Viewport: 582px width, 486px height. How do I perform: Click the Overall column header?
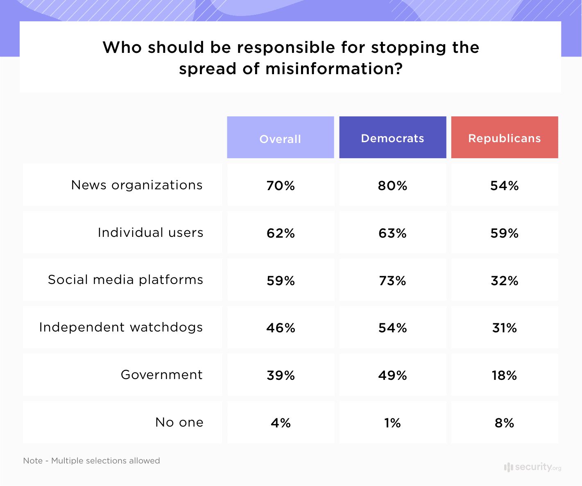281,139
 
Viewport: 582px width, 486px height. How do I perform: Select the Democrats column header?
392,138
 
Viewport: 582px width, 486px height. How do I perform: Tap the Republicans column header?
504,138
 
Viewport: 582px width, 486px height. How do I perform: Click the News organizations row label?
137,185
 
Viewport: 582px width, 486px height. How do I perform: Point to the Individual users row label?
150,232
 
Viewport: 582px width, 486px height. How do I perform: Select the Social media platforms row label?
125,279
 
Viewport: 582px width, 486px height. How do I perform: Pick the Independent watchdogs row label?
121,327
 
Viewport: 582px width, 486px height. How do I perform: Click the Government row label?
161,375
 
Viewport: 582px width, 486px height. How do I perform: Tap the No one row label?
179,422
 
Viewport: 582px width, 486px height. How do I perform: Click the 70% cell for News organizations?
281,186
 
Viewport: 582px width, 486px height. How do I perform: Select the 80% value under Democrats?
392,186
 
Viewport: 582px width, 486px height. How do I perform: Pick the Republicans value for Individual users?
504,233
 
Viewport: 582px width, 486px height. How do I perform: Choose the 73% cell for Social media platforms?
392,281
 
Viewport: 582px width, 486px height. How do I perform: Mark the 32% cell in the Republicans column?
504,281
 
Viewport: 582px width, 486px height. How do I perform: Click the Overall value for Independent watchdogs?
281,328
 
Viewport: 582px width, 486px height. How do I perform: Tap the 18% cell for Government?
504,375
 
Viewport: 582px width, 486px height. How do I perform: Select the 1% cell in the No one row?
392,423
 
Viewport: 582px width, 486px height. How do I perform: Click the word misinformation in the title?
334,68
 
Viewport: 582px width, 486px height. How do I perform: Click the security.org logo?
532,467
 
